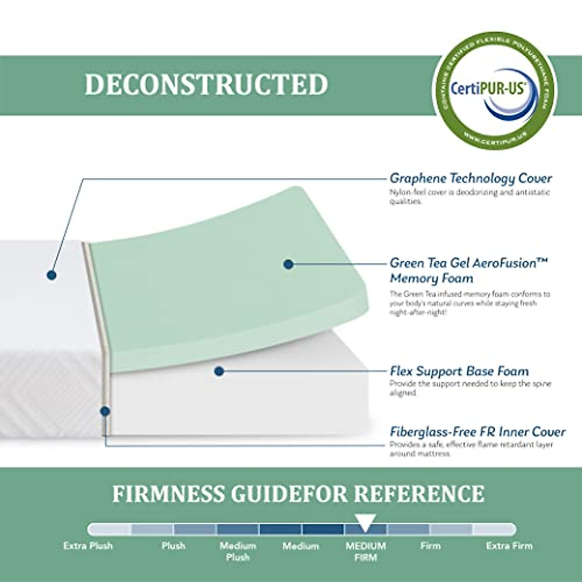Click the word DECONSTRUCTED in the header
[x=206, y=84]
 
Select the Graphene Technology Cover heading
[x=471, y=178]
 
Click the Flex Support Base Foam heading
[x=459, y=372]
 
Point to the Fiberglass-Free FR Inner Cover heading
[x=478, y=432]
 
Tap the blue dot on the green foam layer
[x=289, y=264]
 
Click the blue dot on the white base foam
[x=219, y=372]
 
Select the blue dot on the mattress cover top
[x=51, y=275]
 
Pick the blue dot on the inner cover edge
[x=105, y=411]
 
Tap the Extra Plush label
[x=88, y=546]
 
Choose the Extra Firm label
[x=509, y=546]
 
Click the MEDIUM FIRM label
[x=366, y=551]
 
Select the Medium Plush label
[x=238, y=551]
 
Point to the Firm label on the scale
[x=430, y=546]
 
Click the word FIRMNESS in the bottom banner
[x=168, y=494]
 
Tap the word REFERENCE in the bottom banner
[x=419, y=494]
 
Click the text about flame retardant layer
[x=471, y=449]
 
